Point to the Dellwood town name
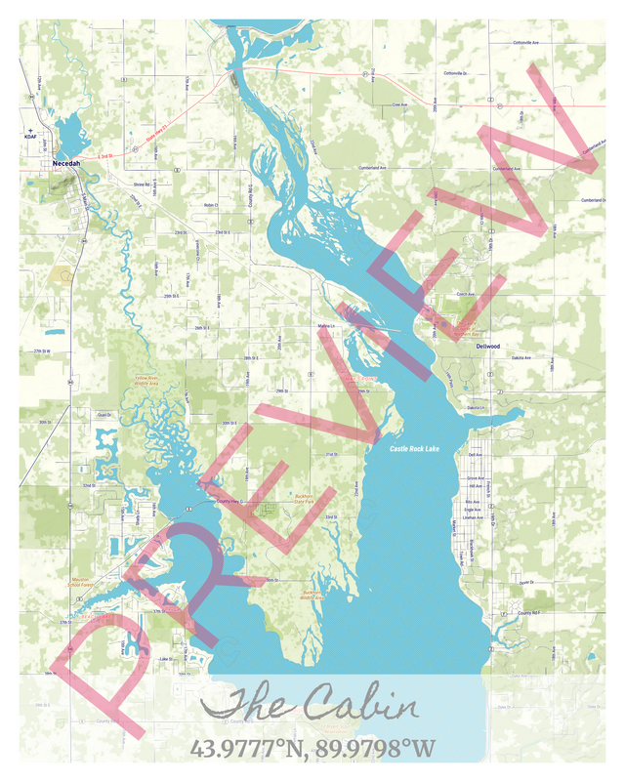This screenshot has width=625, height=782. coord(487,346)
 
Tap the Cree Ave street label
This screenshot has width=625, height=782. coord(398,104)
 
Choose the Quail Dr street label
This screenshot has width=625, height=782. coord(104,415)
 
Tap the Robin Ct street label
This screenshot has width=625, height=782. coord(209,205)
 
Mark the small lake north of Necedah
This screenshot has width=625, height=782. coord(68,131)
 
